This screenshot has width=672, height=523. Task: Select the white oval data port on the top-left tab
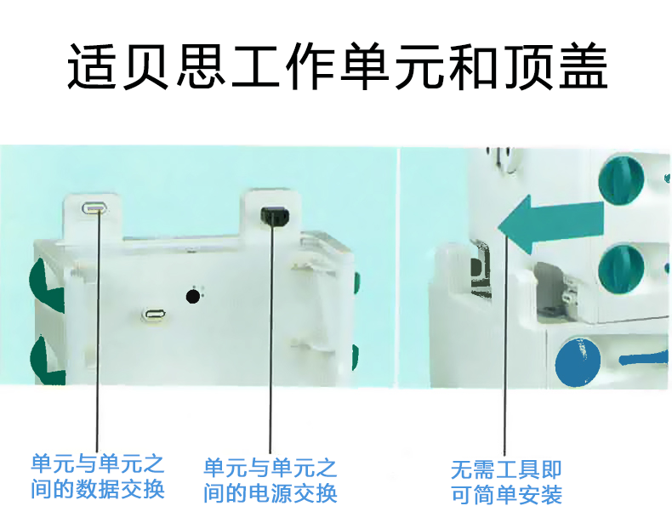[x=94, y=207]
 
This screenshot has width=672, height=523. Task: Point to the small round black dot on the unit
[x=194, y=296]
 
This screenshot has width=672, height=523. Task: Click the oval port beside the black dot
[x=154, y=316]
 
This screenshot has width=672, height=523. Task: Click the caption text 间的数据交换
[x=97, y=490]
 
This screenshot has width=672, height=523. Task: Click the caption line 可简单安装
[x=506, y=494]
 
